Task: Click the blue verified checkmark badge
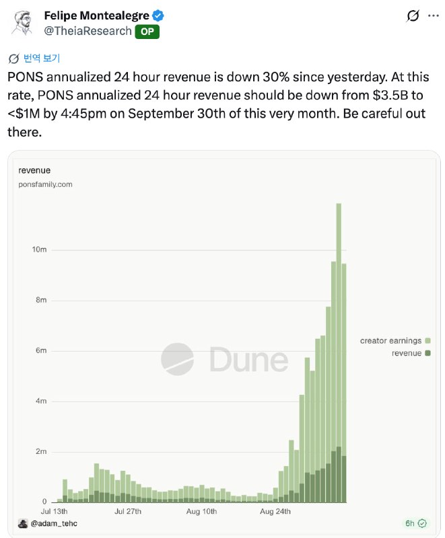click(x=158, y=15)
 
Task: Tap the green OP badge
click(x=147, y=32)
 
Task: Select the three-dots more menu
click(x=434, y=15)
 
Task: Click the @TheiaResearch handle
click(x=88, y=31)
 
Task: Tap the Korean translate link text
click(x=42, y=59)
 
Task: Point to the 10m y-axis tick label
click(x=39, y=249)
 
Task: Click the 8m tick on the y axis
click(x=41, y=300)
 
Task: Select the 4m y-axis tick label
click(x=41, y=401)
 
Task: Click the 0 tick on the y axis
click(x=44, y=502)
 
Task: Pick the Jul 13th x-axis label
click(x=55, y=511)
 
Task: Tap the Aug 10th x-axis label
click(x=201, y=511)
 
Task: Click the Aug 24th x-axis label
click(x=275, y=511)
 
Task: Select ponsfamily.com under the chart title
click(x=45, y=184)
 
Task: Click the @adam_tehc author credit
click(x=54, y=523)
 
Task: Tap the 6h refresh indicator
click(x=416, y=523)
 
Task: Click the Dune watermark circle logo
click(x=177, y=359)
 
